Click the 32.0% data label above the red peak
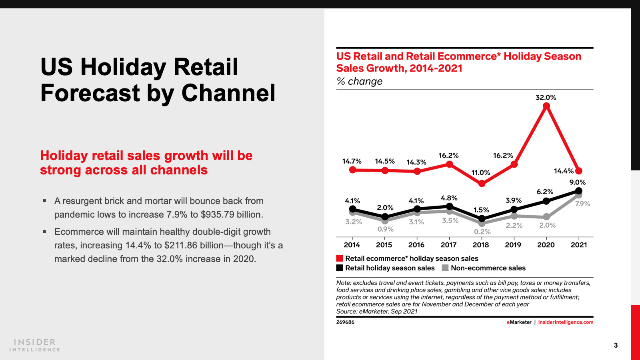click(x=546, y=98)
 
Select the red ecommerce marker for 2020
click(x=546, y=106)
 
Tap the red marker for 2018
click(x=482, y=184)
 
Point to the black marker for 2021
click(x=579, y=191)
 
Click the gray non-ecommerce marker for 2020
click(x=546, y=217)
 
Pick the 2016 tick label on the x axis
click(x=416, y=245)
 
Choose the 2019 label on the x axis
click(x=513, y=245)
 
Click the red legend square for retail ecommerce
click(x=340, y=258)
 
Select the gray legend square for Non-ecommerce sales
click(x=445, y=268)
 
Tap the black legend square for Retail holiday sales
click(x=340, y=268)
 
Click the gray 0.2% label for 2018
click(x=482, y=232)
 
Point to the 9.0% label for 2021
click(x=577, y=182)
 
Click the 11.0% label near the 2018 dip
click(x=480, y=173)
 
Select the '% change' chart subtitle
click(x=359, y=82)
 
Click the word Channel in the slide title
click(x=228, y=93)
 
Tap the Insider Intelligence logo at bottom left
click(x=35, y=345)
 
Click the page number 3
click(x=616, y=345)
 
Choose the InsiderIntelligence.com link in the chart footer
click(x=566, y=322)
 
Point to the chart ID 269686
click(x=345, y=322)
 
